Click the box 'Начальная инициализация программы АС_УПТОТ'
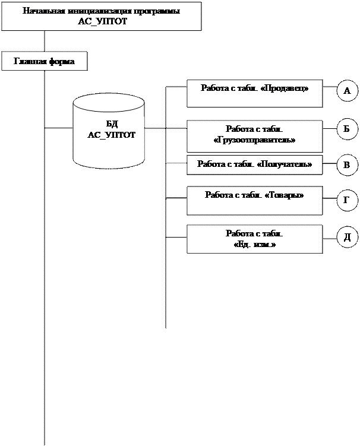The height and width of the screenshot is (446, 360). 102,17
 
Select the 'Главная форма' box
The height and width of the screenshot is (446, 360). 45,61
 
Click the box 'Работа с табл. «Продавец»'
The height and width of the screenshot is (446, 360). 254,93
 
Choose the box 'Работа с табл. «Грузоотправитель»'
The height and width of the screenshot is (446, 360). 254,136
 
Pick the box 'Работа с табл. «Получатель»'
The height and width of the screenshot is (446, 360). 254,165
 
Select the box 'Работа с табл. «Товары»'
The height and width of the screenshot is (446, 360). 254,200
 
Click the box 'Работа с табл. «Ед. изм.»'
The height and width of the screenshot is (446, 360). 254,239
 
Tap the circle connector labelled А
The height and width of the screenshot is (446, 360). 347,91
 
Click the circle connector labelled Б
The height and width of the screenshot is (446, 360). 347,128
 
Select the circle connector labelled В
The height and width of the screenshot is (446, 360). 347,165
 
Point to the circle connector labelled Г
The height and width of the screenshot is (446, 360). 347,201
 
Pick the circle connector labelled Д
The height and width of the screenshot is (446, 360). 347,238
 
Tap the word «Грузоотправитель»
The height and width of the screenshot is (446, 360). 254,140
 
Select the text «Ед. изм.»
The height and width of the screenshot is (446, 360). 254,244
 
